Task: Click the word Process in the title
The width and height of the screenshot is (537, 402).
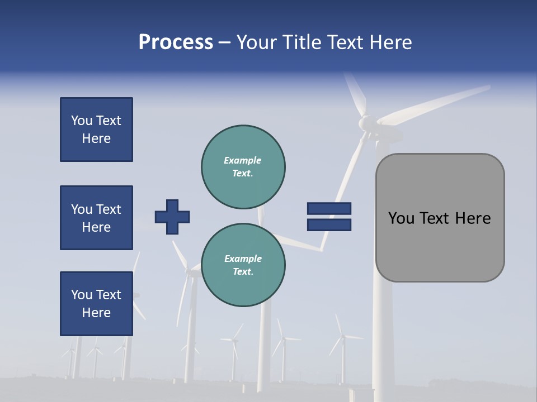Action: click(x=176, y=42)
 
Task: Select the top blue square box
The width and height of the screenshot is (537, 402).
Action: click(x=96, y=130)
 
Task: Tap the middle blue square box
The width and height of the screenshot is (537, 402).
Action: click(x=96, y=218)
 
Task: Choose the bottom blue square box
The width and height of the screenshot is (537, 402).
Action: click(x=96, y=304)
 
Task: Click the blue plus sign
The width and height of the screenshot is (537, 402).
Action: click(x=172, y=217)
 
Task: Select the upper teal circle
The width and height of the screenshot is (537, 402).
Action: click(x=243, y=167)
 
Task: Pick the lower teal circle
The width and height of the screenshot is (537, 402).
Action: click(x=243, y=265)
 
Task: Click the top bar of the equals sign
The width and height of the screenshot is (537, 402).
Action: click(x=329, y=209)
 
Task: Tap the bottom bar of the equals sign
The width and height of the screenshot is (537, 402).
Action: click(x=329, y=224)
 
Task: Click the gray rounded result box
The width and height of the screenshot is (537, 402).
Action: click(x=440, y=218)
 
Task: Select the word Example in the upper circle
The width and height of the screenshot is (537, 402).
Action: click(x=243, y=161)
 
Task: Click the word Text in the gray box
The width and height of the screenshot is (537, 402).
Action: click(x=438, y=218)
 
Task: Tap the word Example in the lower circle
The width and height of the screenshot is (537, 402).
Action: click(x=243, y=259)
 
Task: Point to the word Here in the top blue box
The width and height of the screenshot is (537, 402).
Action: click(x=96, y=138)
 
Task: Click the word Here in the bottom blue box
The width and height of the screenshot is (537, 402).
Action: click(x=96, y=313)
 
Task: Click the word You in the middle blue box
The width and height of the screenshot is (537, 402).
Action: click(x=82, y=209)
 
